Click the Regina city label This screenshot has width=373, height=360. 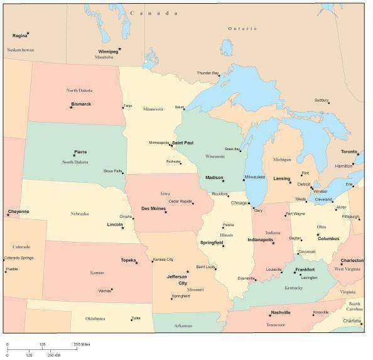pyautogui.click(x=19, y=36)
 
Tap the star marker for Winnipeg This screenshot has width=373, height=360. pyautogui.click(x=120, y=48)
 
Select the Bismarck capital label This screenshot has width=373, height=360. pyautogui.click(x=81, y=104)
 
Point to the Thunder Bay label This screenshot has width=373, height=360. pyautogui.click(x=207, y=73)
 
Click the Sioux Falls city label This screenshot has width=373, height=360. pyautogui.click(x=113, y=171)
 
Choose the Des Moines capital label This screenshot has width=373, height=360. pyautogui.click(x=153, y=208)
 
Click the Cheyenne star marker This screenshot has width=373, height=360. pyautogui.click(x=8, y=215)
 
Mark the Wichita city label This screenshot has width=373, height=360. pyautogui.click(x=104, y=291)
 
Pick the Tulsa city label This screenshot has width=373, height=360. pyautogui.click(x=136, y=318)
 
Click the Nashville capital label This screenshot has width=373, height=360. pyautogui.click(x=280, y=312)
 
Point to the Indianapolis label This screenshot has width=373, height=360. pyautogui.click(x=260, y=239)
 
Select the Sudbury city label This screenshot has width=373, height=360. pyautogui.click(x=322, y=100)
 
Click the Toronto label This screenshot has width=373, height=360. pyautogui.click(x=349, y=152)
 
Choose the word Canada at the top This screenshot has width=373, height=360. pyautogui.click(x=146, y=13)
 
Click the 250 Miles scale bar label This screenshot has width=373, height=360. pyautogui.click(x=82, y=344)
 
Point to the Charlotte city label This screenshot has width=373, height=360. pyautogui.click(x=352, y=320)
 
